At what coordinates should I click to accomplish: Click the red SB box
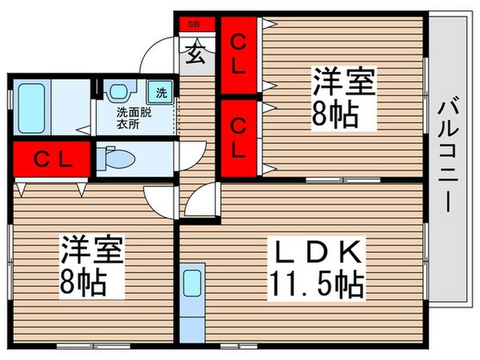point(196,25)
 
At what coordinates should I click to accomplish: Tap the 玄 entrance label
point(195,55)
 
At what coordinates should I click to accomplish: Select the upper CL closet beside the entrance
point(238,54)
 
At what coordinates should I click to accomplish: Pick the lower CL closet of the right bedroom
point(238,137)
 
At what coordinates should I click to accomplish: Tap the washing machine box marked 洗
point(161,91)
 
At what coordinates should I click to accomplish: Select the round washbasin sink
point(118,94)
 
